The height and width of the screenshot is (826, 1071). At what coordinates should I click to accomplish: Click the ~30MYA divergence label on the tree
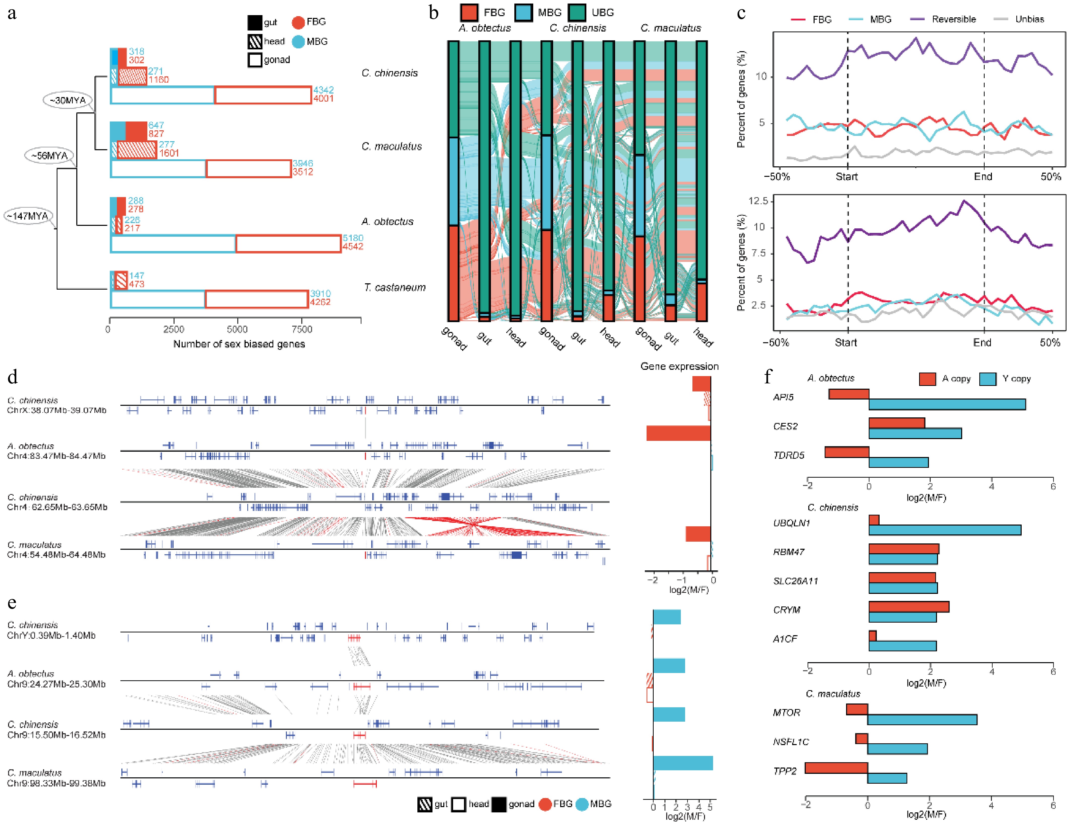pyautogui.click(x=68, y=100)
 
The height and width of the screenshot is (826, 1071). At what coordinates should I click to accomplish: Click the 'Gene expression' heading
pyautogui.click(x=679, y=366)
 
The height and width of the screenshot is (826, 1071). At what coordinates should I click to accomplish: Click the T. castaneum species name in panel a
pyautogui.click(x=394, y=287)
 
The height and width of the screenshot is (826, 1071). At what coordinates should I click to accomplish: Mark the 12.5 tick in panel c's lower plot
pyautogui.click(x=758, y=201)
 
